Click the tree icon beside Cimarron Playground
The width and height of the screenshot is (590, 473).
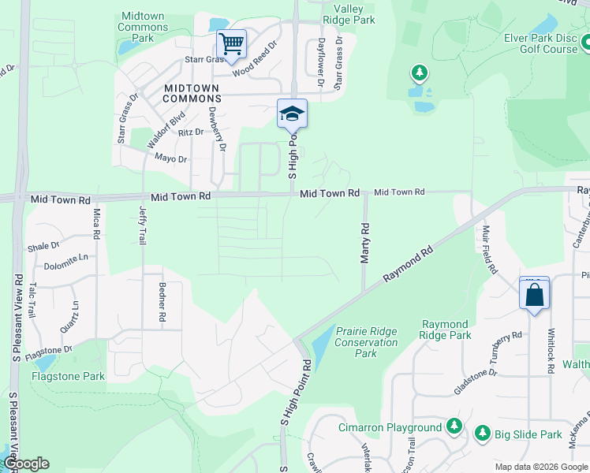(454, 426)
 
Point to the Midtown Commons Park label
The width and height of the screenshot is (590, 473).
(143, 27)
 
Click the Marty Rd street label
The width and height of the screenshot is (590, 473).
(365, 242)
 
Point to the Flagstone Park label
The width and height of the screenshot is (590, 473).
(68, 376)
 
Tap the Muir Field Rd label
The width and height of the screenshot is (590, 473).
(488, 248)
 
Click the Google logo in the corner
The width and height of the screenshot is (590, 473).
(26, 464)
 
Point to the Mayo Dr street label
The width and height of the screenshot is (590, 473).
(170, 158)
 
